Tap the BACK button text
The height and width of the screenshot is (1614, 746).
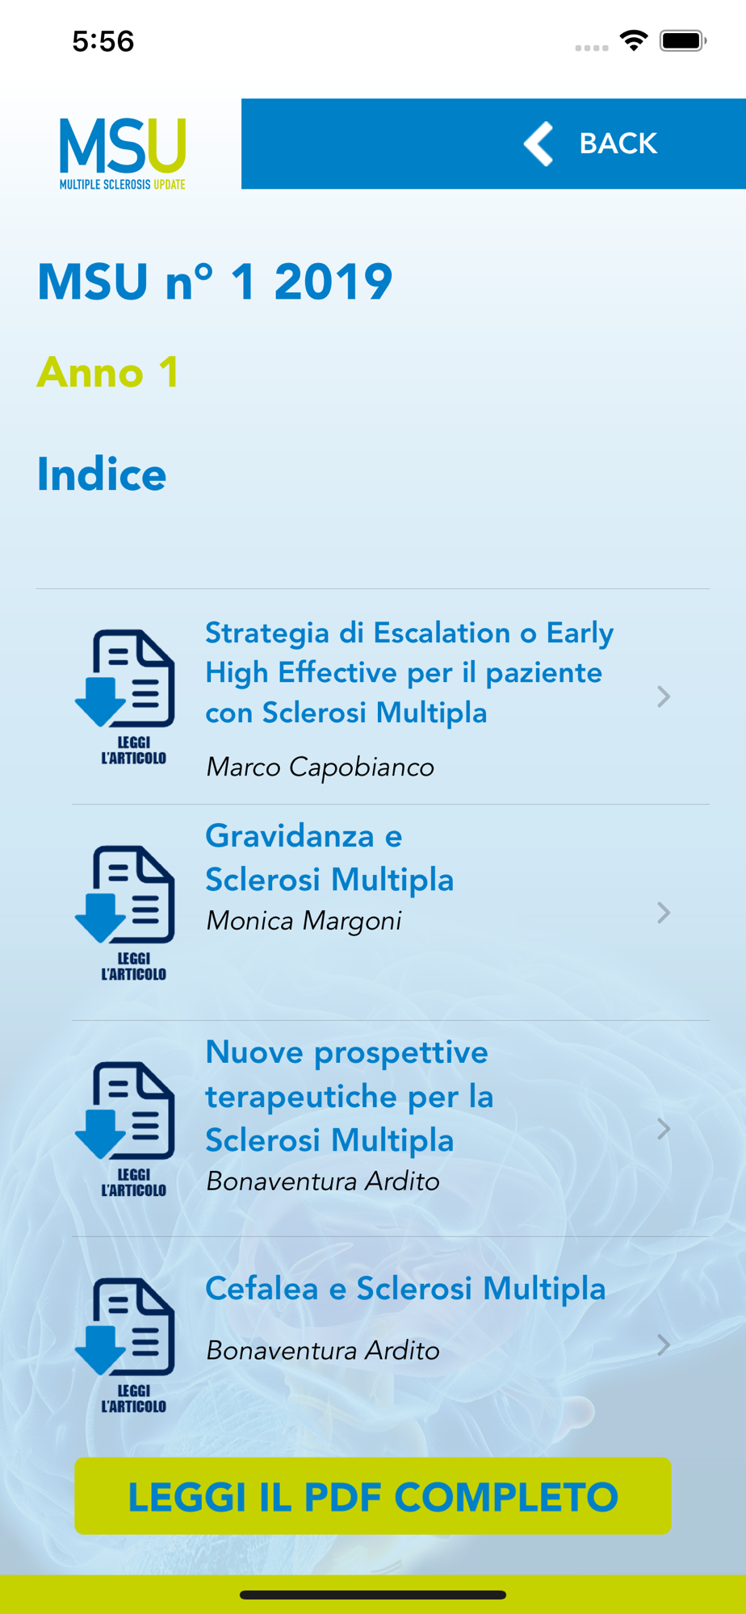618,144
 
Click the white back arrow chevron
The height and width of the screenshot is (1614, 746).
539,144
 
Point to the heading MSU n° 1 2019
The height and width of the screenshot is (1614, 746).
215,282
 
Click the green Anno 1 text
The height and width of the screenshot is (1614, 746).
107,372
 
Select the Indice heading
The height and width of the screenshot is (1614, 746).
102,474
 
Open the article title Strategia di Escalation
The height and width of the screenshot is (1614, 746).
409,672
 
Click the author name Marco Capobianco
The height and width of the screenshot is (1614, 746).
320,767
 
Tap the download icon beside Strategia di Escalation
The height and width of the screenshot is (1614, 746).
125,696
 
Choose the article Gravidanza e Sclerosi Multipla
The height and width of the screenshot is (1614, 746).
329,857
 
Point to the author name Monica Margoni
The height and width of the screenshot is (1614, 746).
304,921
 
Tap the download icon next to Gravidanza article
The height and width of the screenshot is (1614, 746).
125,913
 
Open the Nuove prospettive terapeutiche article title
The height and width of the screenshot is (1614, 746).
349,1096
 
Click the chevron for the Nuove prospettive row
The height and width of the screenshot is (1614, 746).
664,1129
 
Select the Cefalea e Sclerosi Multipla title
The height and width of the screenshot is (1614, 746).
405,1288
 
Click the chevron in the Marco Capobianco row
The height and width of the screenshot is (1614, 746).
664,696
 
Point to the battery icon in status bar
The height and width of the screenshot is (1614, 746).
683,40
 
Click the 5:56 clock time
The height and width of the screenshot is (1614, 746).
103,41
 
